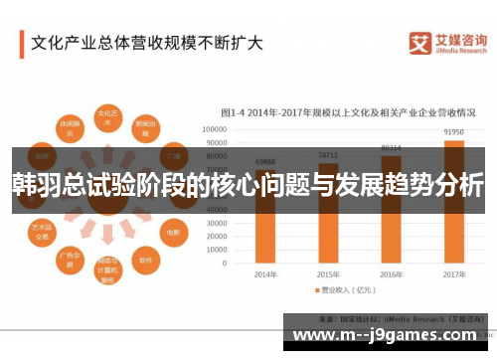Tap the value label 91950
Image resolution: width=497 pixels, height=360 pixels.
point(452,131)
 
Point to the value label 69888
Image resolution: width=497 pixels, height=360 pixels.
point(265,161)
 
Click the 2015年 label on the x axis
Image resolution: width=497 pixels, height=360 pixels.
point(328,272)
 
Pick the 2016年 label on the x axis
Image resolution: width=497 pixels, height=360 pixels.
point(391,272)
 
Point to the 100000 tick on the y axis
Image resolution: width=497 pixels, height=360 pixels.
point(216,129)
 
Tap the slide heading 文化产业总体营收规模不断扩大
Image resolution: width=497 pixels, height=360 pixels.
point(146,43)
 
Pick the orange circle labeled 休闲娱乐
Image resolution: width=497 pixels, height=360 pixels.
point(69,130)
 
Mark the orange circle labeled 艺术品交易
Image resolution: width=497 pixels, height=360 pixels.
point(42,231)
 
